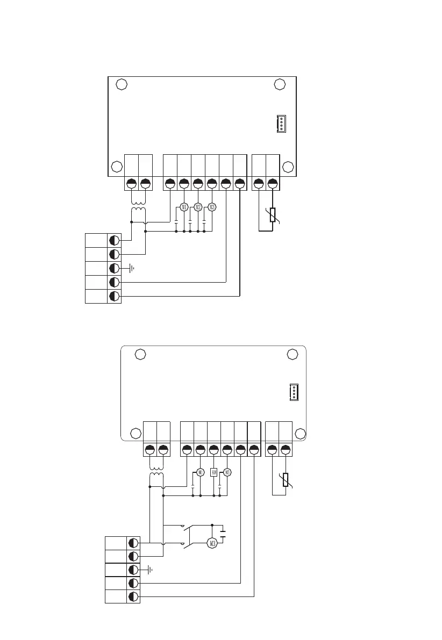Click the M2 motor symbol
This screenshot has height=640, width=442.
click(x=197, y=207)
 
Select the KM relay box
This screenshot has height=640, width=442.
click(x=213, y=472)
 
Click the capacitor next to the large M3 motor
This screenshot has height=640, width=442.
click(x=224, y=531)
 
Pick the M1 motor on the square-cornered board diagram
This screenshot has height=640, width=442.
click(x=184, y=207)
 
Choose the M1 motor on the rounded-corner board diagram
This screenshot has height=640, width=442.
click(x=200, y=472)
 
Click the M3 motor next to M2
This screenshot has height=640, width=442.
click(x=211, y=207)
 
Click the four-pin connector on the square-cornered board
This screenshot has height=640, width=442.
click(x=281, y=124)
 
